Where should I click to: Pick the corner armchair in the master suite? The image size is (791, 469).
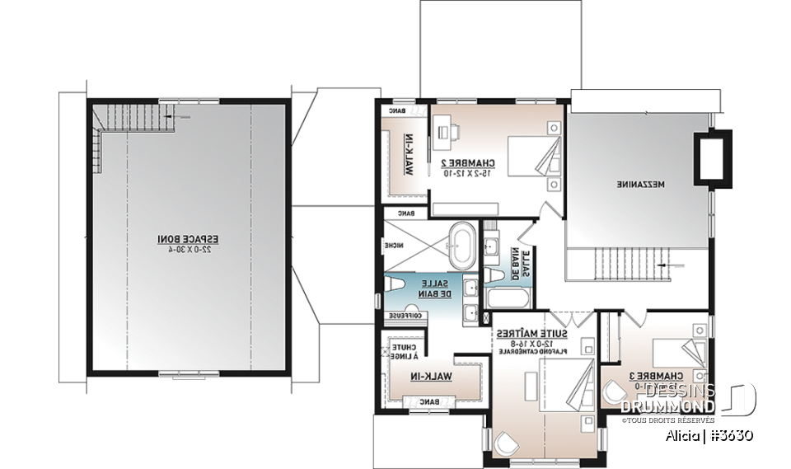click(x=505, y=444)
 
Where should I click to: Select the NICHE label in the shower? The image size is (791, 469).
click(x=394, y=246)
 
